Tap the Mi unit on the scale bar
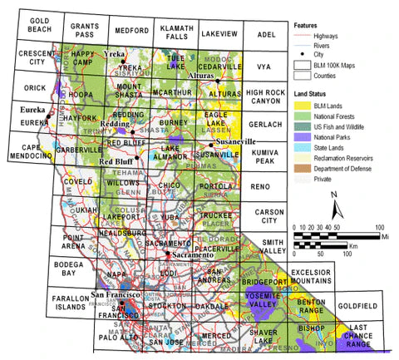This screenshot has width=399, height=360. click(384, 235)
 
